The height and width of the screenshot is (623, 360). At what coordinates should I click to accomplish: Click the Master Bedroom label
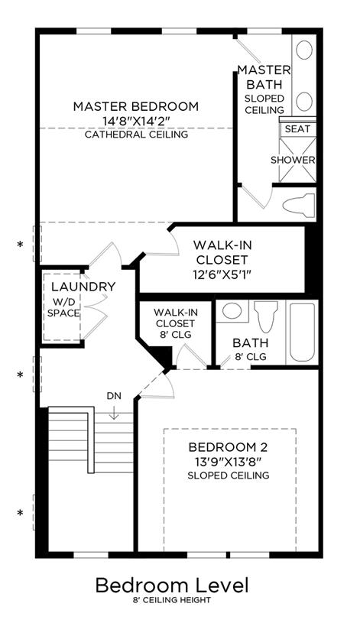(136, 106)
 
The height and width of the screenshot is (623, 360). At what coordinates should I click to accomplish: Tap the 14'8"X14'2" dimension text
(136, 121)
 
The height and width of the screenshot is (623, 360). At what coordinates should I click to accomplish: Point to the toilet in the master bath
(299, 204)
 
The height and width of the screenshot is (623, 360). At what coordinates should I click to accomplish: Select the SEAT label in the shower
(297, 128)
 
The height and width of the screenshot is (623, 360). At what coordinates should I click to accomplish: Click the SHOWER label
(293, 160)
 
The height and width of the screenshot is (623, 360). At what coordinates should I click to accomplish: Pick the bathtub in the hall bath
(303, 333)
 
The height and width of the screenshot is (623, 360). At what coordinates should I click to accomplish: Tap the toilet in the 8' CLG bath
(266, 316)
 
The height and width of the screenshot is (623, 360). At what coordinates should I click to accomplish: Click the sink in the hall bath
(232, 310)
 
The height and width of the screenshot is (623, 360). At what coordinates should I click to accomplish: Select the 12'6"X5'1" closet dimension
(222, 274)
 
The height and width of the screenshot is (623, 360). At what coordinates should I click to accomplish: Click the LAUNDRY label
(83, 287)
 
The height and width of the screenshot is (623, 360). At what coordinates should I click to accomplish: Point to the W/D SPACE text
(63, 307)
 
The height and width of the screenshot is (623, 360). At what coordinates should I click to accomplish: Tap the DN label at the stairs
(114, 396)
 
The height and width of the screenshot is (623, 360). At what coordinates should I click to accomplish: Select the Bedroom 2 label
(228, 447)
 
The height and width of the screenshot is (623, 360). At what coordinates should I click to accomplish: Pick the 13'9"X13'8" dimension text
(228, 461)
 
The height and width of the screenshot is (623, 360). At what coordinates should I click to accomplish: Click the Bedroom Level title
(172, 586)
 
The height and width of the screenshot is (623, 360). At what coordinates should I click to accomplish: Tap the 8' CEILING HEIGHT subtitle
(172, 600)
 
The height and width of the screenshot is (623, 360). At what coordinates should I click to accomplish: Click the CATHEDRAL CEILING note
(136, 135)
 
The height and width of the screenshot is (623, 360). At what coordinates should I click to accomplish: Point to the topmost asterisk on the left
(20, 245)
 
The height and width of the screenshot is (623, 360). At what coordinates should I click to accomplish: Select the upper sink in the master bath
(304, 50)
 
